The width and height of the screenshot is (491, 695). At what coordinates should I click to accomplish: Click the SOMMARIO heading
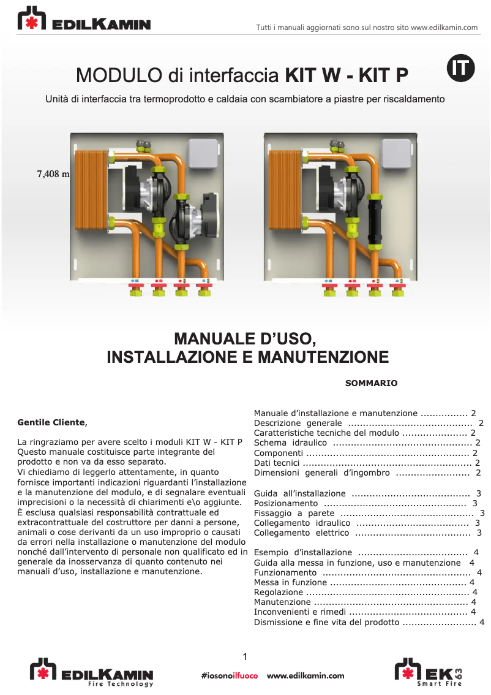pyautogui.click(x=371, y=383)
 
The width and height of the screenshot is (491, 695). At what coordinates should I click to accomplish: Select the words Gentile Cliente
pyautogui.click(x=52, y=422)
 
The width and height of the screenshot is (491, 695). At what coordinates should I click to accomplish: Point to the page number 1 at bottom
pyautogui.click(x=245, y=658)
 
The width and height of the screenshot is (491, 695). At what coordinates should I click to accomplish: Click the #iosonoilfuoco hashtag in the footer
pyautogui.click(x=229, y=676)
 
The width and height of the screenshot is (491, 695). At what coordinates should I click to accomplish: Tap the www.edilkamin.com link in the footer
pyautogui.click(x=305, y=676)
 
